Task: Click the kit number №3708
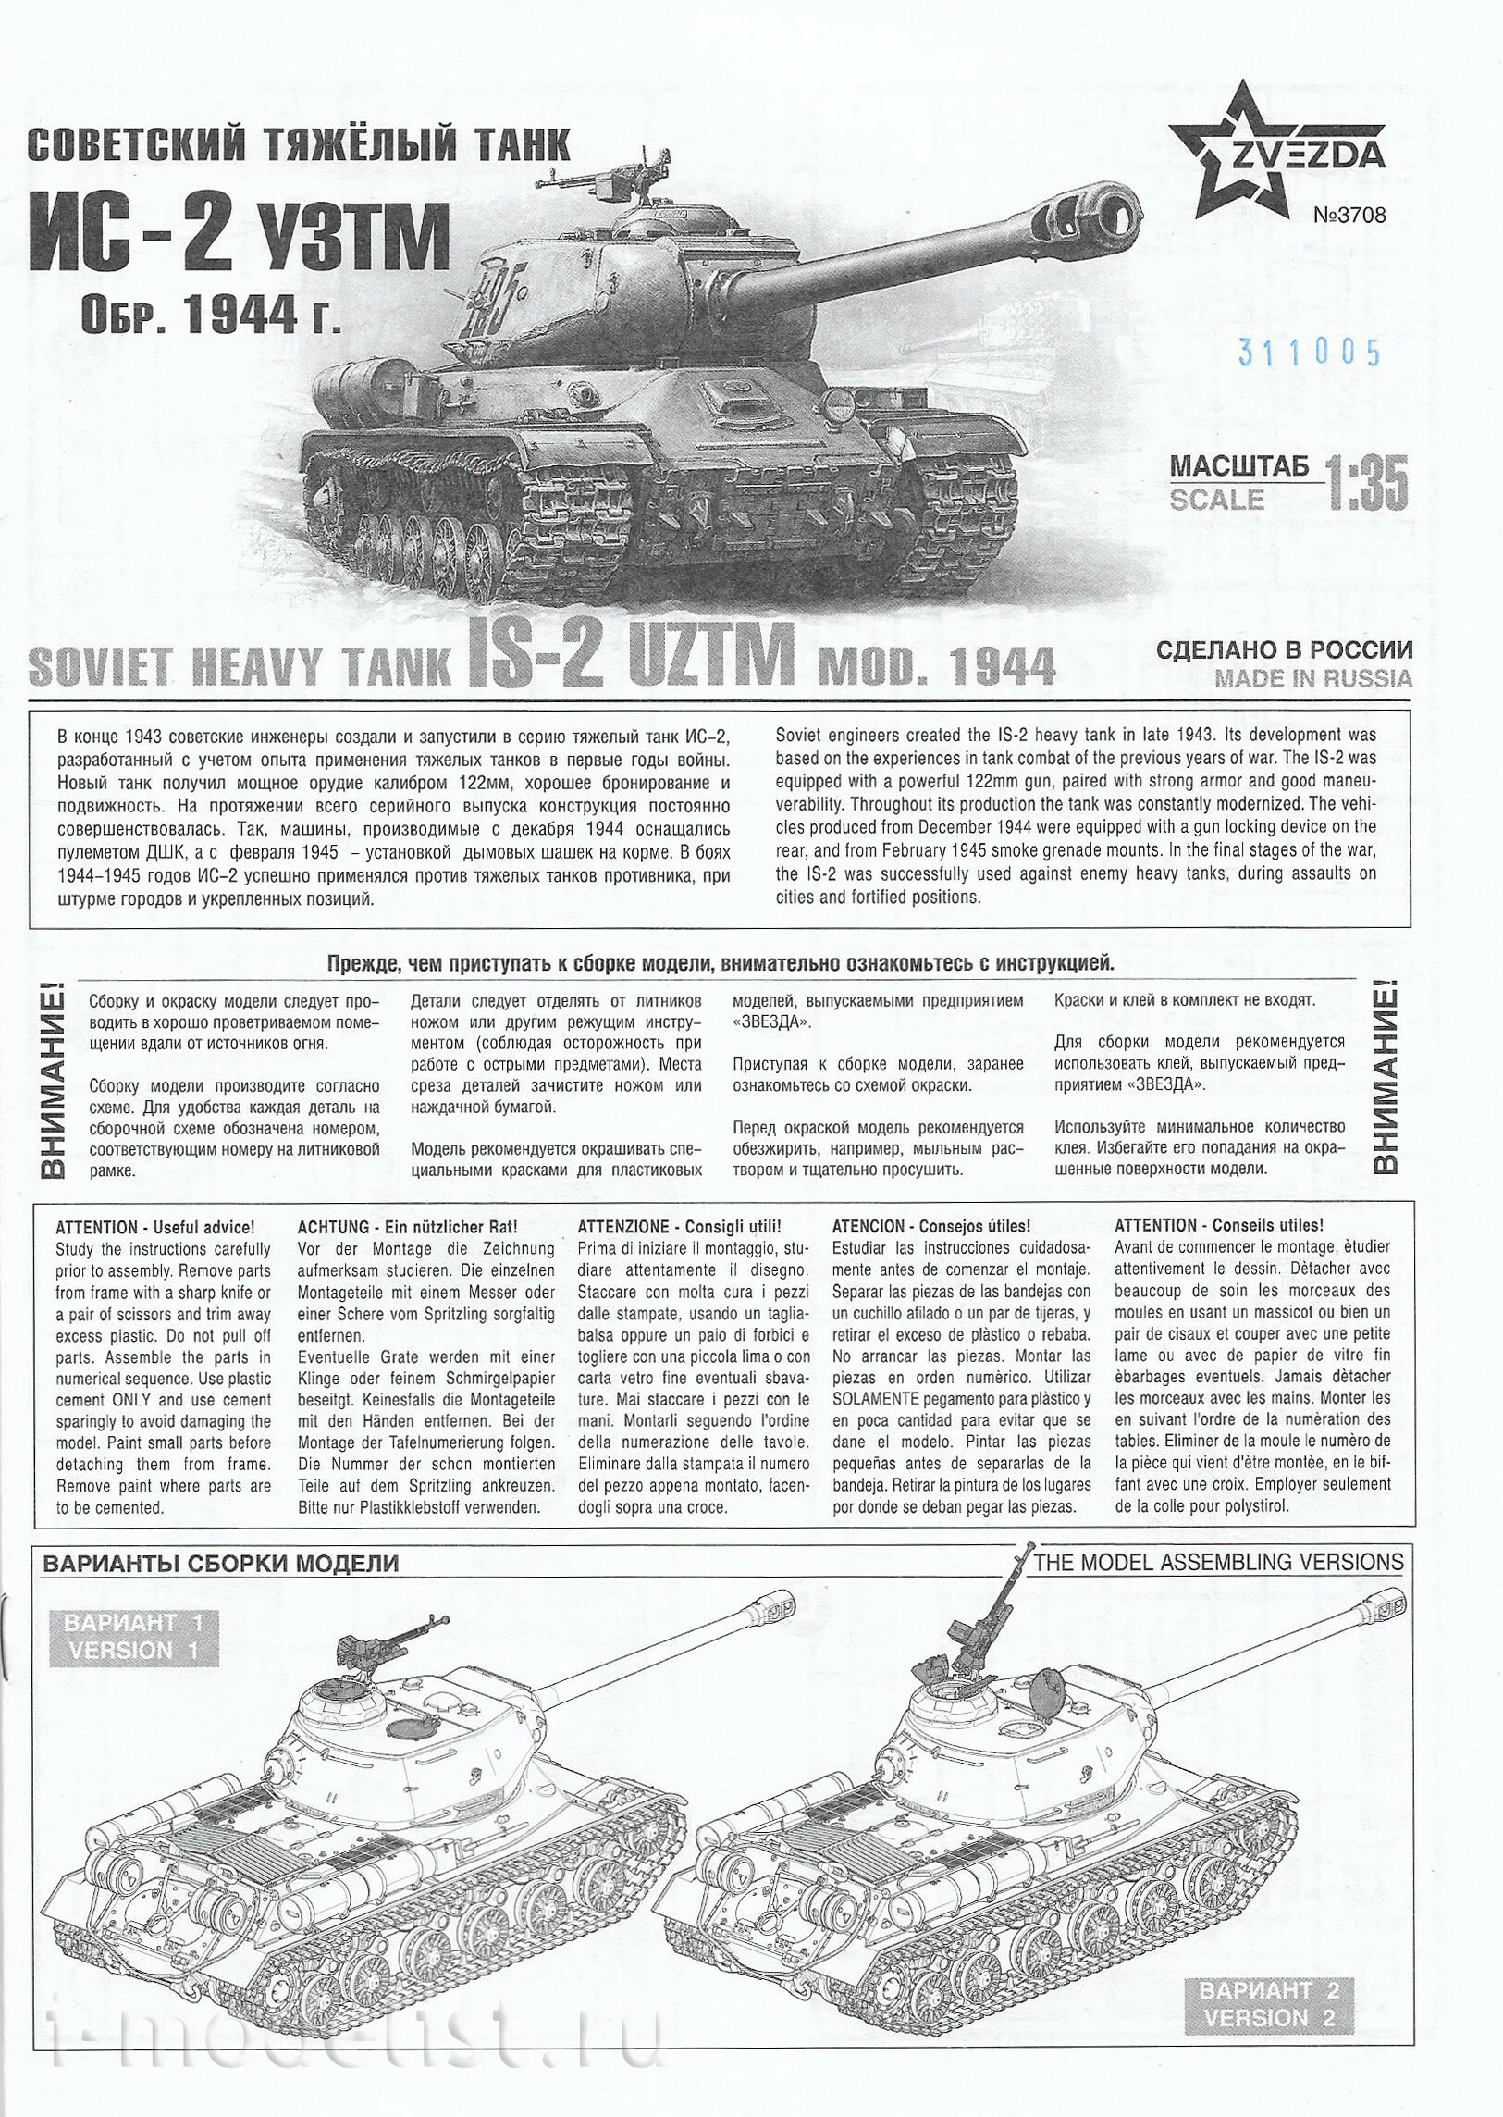[1349, 216]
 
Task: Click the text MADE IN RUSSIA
[1313, 678]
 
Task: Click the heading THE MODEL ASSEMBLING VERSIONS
[1218, 1562]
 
